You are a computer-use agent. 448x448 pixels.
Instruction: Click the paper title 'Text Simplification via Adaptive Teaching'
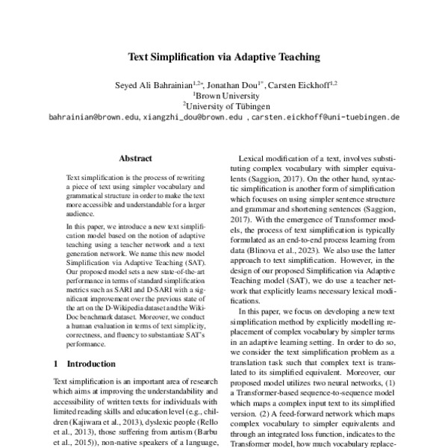click(224, 56)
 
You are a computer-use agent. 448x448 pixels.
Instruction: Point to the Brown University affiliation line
click(224, 95)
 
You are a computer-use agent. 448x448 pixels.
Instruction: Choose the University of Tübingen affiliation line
click(224, 105)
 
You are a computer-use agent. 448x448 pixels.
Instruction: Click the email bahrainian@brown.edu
click(93, 117)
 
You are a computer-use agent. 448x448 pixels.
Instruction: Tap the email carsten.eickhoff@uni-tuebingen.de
click(326, 117)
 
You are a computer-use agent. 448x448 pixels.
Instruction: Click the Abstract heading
click(135, 158)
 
